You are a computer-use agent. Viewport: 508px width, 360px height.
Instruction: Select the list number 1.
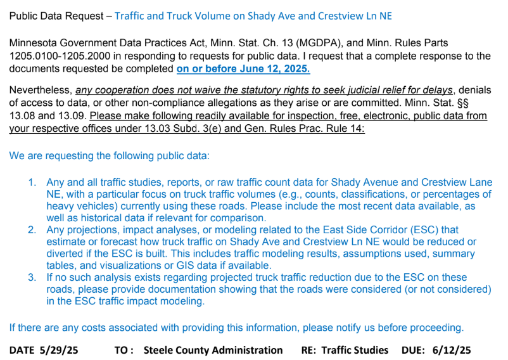click(x=32, y=183)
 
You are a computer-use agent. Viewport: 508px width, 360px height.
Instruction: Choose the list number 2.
click(x=32, y=230)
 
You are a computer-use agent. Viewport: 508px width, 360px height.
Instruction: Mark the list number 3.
click(x=32, y=278)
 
